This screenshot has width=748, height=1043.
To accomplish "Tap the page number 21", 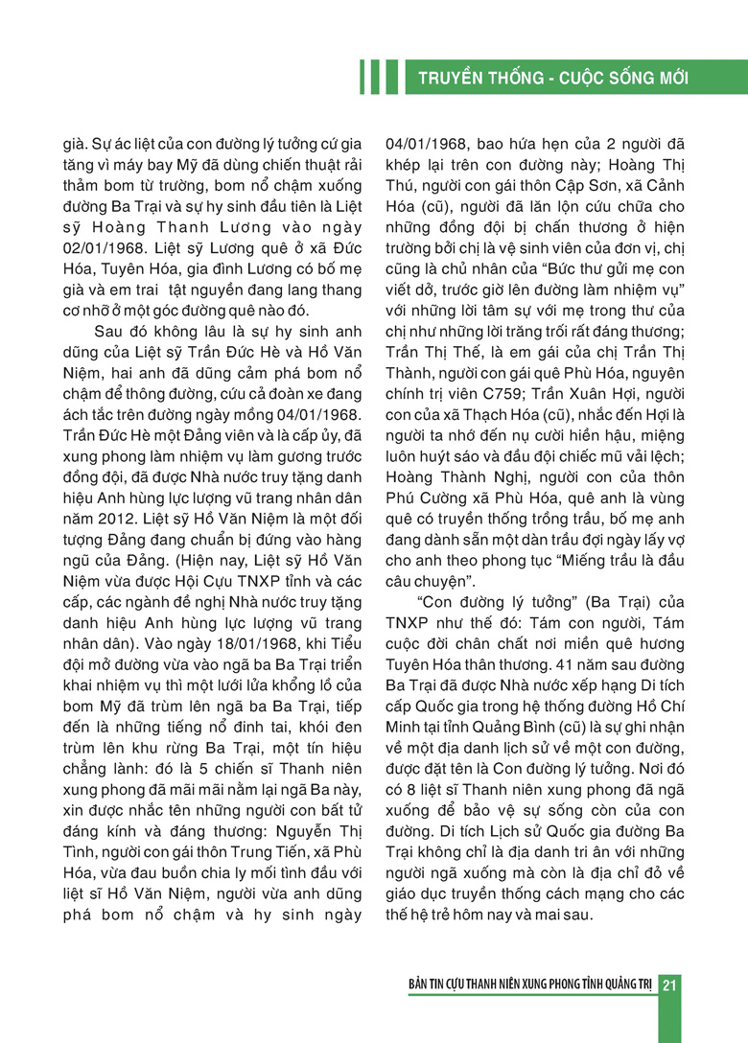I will pyautogui.click(x=670, y=986).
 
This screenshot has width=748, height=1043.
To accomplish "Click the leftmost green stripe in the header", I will pyautogui.click(x=362, y=77).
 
